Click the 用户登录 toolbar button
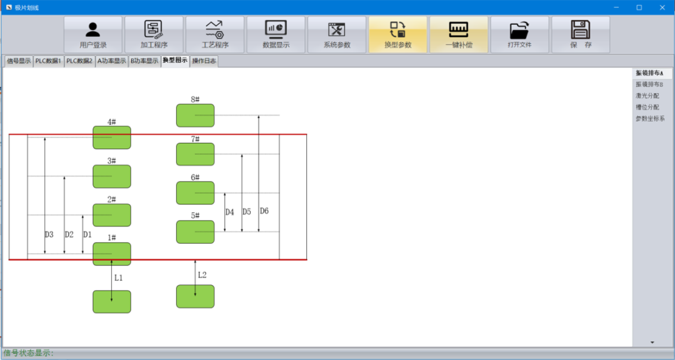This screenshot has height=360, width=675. [93, 35]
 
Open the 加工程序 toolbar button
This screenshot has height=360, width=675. [154, 35]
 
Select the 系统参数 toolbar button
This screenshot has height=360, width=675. [337, 35]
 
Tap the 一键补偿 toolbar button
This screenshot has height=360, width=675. [459, 35]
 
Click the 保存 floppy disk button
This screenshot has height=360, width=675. [581, 35]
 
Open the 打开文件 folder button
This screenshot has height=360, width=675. [519, 35]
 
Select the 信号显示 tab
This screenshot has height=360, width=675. [19, 61]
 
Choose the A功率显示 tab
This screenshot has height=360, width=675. [112, 61]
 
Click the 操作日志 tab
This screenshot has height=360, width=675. [204, 61]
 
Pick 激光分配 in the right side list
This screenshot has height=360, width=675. [647, 96]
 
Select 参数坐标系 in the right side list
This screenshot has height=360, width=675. [650, 118]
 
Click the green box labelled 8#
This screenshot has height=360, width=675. [196, 116]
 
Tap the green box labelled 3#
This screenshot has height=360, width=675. [112, 176]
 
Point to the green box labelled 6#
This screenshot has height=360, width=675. [196, 193]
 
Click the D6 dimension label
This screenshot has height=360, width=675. [264, 211]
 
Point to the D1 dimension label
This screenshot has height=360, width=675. [87, 235]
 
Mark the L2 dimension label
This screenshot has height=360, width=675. [202, 275]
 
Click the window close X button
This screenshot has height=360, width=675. [662, 7]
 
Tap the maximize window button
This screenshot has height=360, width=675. [639, 7]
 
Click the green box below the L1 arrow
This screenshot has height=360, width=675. [112, 302]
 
